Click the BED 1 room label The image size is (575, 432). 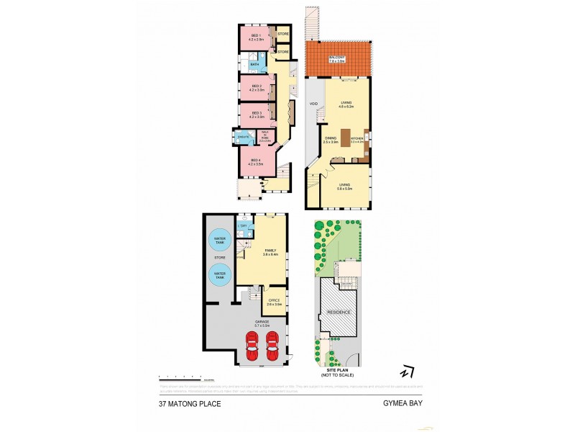(x=254, y=37)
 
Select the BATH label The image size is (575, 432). (x=254, y=64)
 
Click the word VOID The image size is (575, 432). (x=313, y=104)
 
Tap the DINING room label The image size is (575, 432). (x=331, y=140)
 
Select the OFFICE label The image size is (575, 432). (x=273, y=302)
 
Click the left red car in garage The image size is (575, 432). (x=253, y=346)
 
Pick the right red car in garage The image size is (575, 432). (x=273, y=346)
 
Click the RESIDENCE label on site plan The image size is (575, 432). (x=339, y=312)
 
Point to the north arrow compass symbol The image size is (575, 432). (x=408, y=372)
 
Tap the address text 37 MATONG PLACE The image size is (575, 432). (x=190, y=404)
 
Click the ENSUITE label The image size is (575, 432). (x=244, y=136)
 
